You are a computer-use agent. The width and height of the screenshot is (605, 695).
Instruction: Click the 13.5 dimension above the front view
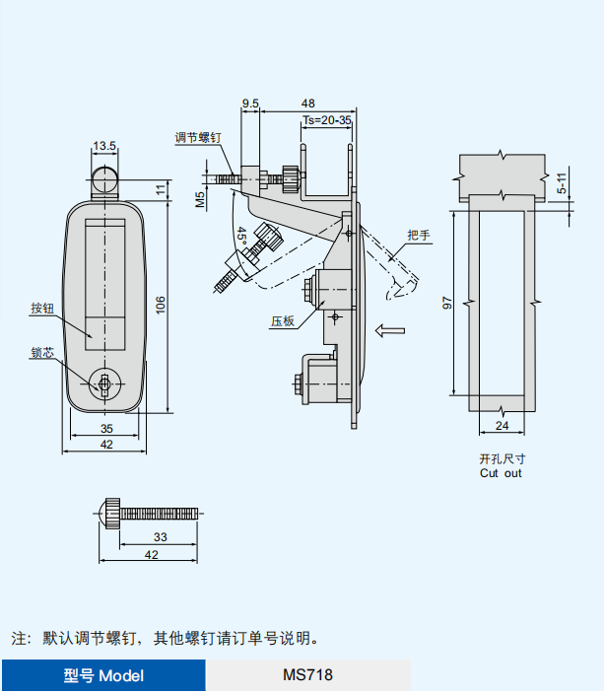(104, 146)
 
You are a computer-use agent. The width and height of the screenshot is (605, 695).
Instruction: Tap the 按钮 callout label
(41, 309)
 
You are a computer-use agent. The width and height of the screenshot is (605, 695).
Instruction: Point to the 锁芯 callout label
(41, 352)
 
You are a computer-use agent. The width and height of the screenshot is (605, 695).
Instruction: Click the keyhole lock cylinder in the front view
(103, 383)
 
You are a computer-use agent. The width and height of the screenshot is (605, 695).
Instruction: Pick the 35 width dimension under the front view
(106, 428)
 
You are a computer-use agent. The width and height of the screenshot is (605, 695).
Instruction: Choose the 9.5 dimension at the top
(249, 103)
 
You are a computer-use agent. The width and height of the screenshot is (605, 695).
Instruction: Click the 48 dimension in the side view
(307, 103)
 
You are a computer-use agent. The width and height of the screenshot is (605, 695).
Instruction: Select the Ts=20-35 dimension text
(326, 119)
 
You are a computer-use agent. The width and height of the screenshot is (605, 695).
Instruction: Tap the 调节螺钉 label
(199, 137)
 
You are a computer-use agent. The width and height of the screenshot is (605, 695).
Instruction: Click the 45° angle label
(241, 238)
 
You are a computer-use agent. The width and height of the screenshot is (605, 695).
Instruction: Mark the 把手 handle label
(420, 235)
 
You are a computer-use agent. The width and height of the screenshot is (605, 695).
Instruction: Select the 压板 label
(284, 321)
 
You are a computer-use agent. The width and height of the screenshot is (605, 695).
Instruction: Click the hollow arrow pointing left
(390, 330)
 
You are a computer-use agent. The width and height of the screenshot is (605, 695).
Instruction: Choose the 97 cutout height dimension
(447, 304)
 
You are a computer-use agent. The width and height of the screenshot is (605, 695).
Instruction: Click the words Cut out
(501, 473)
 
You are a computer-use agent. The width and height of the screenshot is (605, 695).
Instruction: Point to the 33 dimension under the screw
(160, 537)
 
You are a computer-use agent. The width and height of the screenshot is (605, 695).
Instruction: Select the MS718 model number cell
(307, 675)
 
